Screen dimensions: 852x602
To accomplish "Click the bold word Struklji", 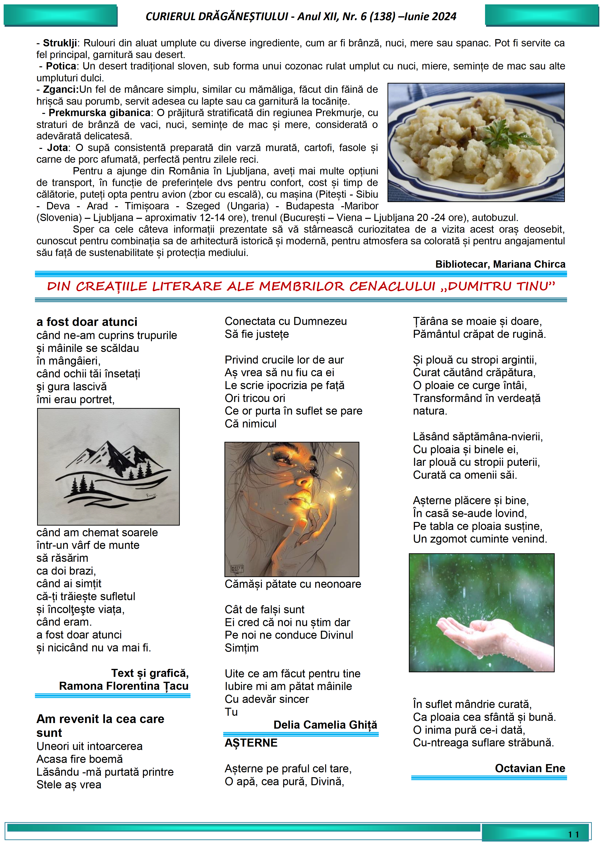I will (x=60, y=43).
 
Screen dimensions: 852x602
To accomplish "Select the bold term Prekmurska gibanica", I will (x=99, y=113).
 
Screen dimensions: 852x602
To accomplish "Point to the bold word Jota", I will (x=58, y=148).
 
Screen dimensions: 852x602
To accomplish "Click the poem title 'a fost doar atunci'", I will (x=87, y=322).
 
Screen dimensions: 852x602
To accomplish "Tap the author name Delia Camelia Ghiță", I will (x=325, y=725).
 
